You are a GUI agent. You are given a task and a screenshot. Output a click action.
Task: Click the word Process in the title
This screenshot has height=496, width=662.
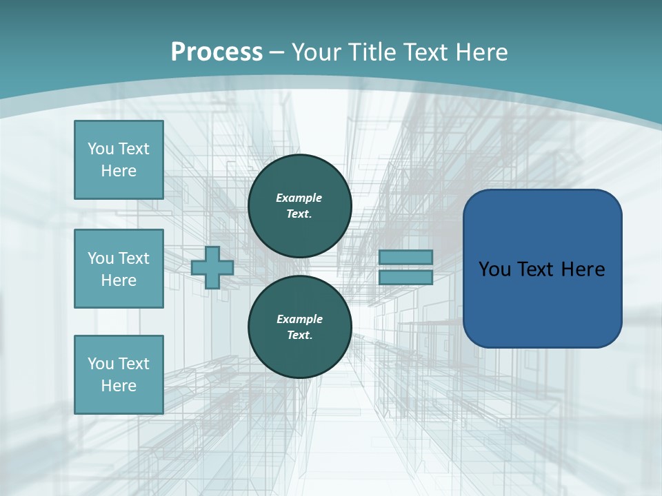tap(217, 52)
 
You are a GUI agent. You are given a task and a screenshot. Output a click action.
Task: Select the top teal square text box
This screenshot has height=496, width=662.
tap(119, 160)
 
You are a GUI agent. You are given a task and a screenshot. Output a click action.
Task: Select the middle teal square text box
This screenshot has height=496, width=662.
tap(119, 269)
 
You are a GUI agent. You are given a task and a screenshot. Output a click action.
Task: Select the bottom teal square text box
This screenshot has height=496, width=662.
tap(119, 375)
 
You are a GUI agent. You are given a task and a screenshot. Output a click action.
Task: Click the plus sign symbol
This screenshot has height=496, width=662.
tap(212, 267)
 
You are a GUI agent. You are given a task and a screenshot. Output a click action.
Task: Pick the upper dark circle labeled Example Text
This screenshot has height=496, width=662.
tap(300, 206)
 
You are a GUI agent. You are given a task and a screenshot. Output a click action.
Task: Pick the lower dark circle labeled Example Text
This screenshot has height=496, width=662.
tap(300, 327)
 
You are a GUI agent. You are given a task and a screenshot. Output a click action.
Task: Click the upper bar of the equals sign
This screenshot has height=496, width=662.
tap(405, 257)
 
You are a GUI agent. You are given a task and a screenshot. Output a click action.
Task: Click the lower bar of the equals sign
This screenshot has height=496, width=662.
tap(405, 278)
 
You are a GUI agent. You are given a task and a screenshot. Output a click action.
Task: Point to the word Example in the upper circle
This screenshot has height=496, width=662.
tap(299, 198)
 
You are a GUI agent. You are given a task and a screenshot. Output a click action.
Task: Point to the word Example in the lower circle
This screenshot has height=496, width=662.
tap(299, 319)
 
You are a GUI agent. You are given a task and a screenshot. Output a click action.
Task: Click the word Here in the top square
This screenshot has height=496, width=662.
tap(119, 171)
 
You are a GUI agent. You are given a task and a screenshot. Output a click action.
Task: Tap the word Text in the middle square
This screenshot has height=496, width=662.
tap(133, 258)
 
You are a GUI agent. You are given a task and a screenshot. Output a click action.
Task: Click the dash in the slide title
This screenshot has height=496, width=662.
tap(277, 52)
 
